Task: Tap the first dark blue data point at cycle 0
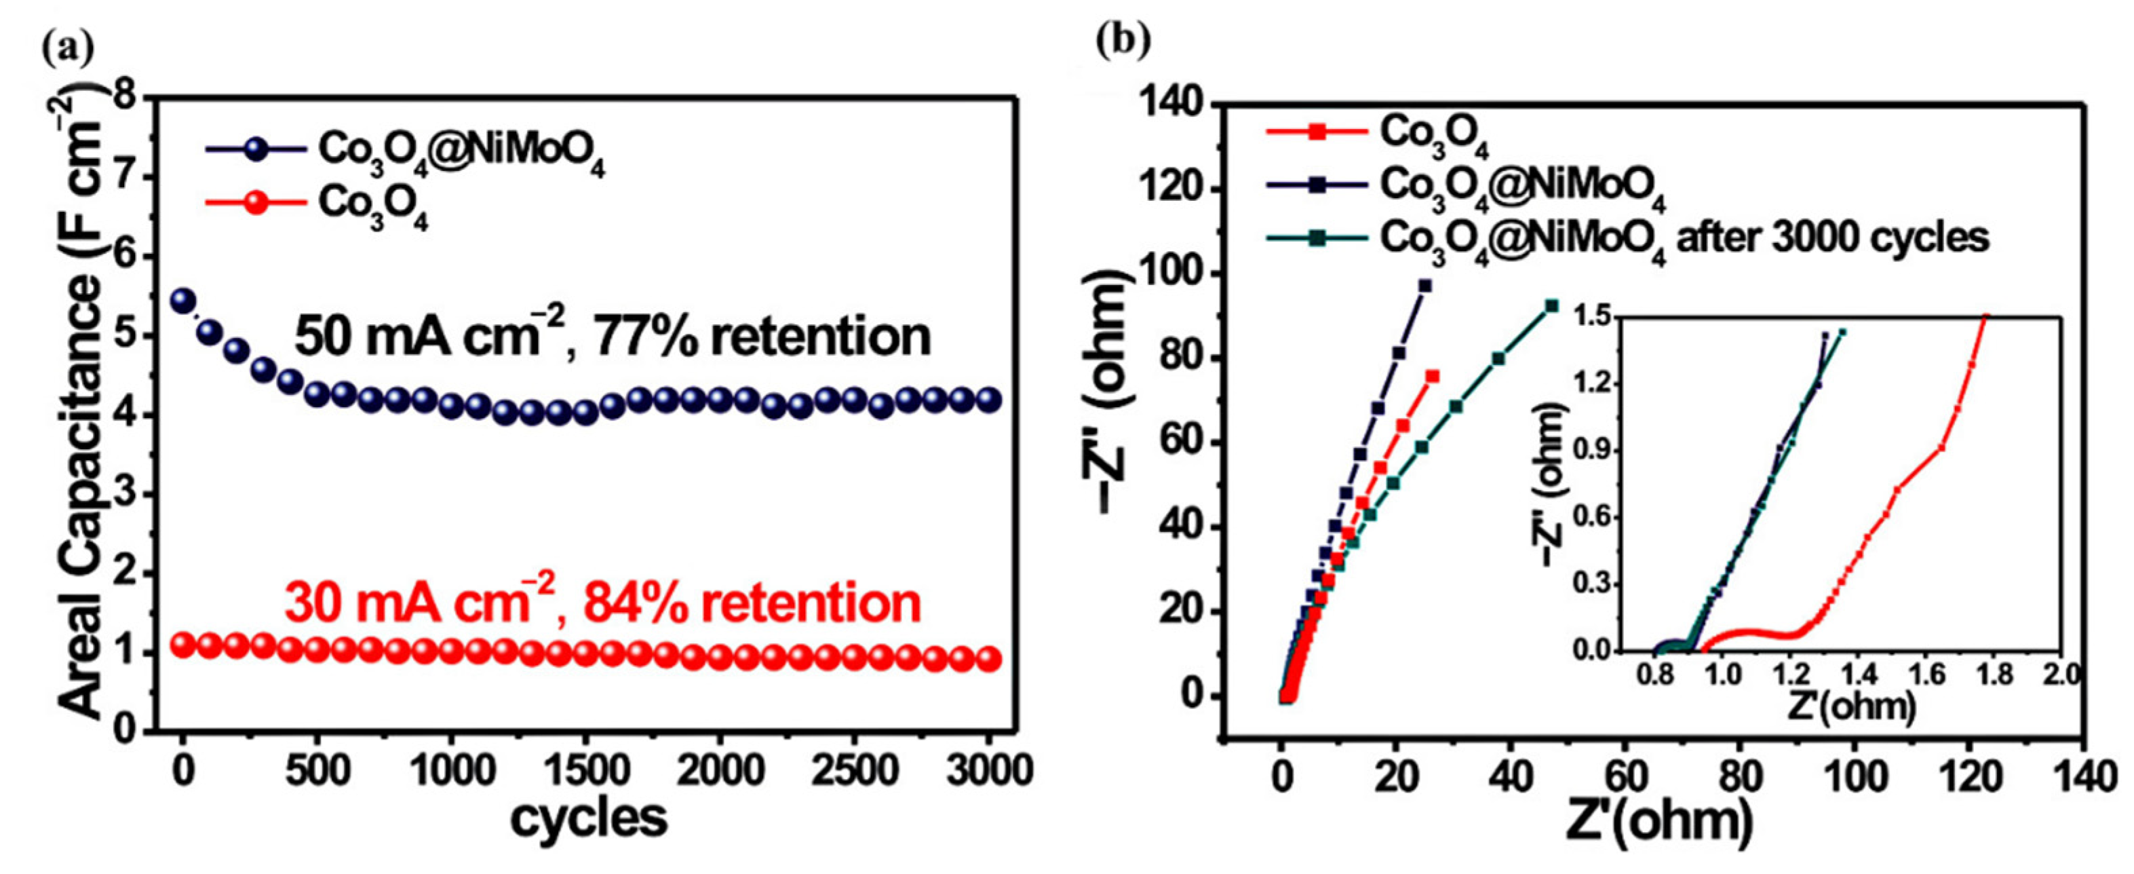coord(182,300)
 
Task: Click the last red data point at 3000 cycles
coord(988,660)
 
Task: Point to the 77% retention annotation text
coord(613,337)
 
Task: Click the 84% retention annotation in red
coord(602,603)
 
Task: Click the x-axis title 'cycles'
coord(588,818)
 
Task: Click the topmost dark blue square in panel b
coord(1425,286)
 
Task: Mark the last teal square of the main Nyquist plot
coord(1551,305)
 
